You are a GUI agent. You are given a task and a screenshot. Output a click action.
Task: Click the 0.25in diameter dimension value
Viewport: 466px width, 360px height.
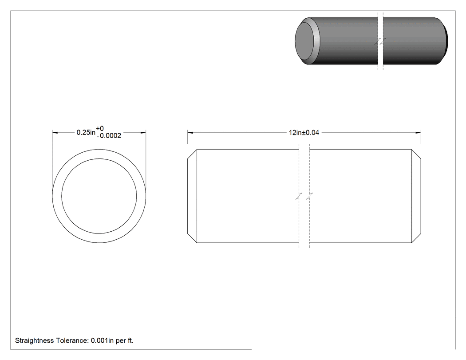86,132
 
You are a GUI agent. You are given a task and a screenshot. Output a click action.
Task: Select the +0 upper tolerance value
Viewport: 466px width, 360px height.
100,128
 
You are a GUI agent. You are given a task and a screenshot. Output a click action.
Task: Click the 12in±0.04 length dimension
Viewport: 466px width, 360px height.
304,133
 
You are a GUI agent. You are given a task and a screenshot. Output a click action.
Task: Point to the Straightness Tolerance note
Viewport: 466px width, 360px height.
74,340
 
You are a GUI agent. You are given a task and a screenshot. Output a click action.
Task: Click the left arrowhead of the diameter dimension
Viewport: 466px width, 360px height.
55,133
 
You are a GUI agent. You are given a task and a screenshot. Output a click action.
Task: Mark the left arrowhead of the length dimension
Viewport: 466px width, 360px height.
190,133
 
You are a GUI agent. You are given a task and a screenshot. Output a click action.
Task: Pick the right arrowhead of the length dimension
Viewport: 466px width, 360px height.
418,133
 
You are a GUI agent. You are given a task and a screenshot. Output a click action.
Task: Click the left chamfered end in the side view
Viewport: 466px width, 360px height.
192,196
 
